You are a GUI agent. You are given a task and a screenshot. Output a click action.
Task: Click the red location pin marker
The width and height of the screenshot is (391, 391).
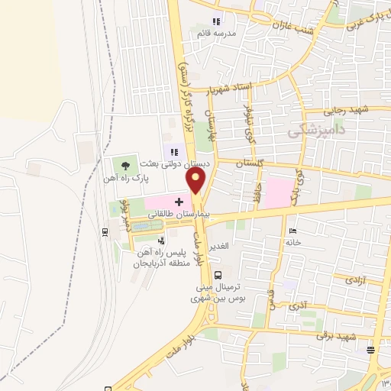pyautogui.click(x=196, y=182)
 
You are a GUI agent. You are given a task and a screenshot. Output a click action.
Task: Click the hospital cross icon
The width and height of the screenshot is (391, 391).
pyautogui.click(x=178, y=202)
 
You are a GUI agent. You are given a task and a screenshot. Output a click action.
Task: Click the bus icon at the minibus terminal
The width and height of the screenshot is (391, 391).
pyautogui.click(x=219, y=275)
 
